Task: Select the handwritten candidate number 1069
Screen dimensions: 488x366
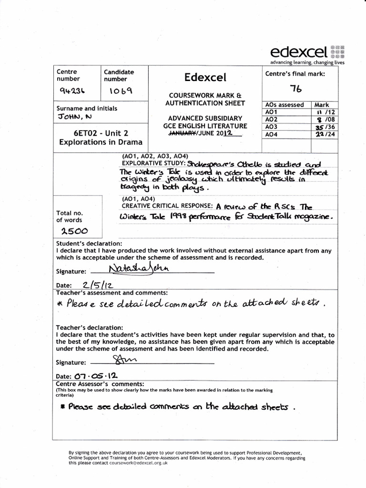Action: tap(121, 90)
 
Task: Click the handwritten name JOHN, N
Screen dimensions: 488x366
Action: tap(73, 116)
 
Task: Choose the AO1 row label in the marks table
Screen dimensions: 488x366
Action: tap(271, 112)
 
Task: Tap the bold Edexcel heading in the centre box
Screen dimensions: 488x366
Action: tap(205, 77)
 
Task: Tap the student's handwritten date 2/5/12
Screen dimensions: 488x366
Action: tap(97, 285)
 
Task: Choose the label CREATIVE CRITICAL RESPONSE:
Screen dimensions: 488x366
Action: tap(167, 206)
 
